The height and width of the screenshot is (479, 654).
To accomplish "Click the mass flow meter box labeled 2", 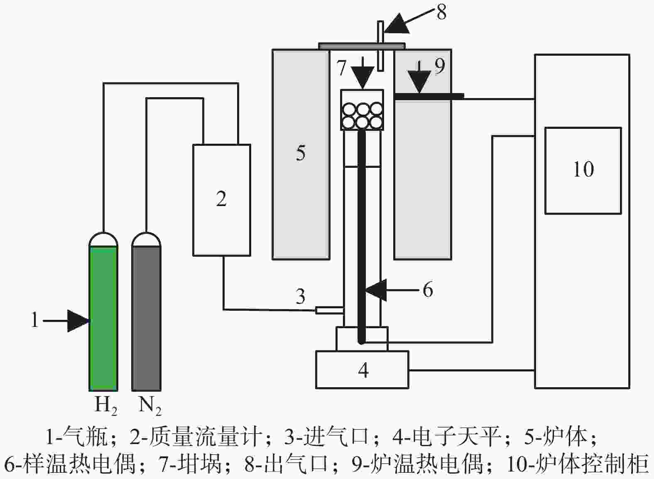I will coord(221,199).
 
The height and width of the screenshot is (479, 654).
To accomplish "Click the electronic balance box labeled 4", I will coord(362,370).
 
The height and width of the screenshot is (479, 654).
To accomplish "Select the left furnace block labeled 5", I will coord(301,154).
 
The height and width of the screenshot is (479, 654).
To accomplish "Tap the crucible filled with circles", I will coord(362,110).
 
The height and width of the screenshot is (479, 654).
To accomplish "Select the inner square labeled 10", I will coord(583,170).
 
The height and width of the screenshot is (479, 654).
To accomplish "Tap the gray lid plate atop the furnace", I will coord(361,45).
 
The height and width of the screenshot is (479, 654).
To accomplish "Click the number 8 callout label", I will coord(441,12).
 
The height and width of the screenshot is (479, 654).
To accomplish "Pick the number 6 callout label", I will coord(428,290).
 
